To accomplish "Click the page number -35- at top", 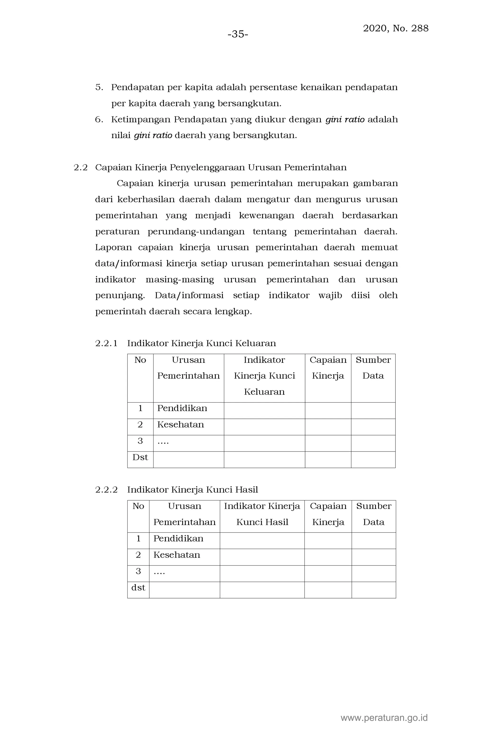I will (x=238, y=34).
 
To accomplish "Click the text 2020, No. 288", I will (x=395, y=28).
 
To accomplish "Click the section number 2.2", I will (x=81, y=168).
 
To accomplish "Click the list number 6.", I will (x=99, y=119).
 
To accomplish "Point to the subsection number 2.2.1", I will (x=106, y=344).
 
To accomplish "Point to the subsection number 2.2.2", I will (x=106, y=490).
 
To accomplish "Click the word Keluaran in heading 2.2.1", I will (x=255, y=344).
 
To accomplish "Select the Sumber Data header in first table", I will (x=373, y=368).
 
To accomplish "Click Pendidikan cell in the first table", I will (x=182, y=408).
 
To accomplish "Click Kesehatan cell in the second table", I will (x=176, y=555).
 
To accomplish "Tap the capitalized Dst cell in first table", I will (x=140, y=457).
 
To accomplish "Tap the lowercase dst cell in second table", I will (x=138, y=587).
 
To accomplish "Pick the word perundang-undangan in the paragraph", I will (x=196, y=232).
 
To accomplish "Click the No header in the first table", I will (x=140, y=360).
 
